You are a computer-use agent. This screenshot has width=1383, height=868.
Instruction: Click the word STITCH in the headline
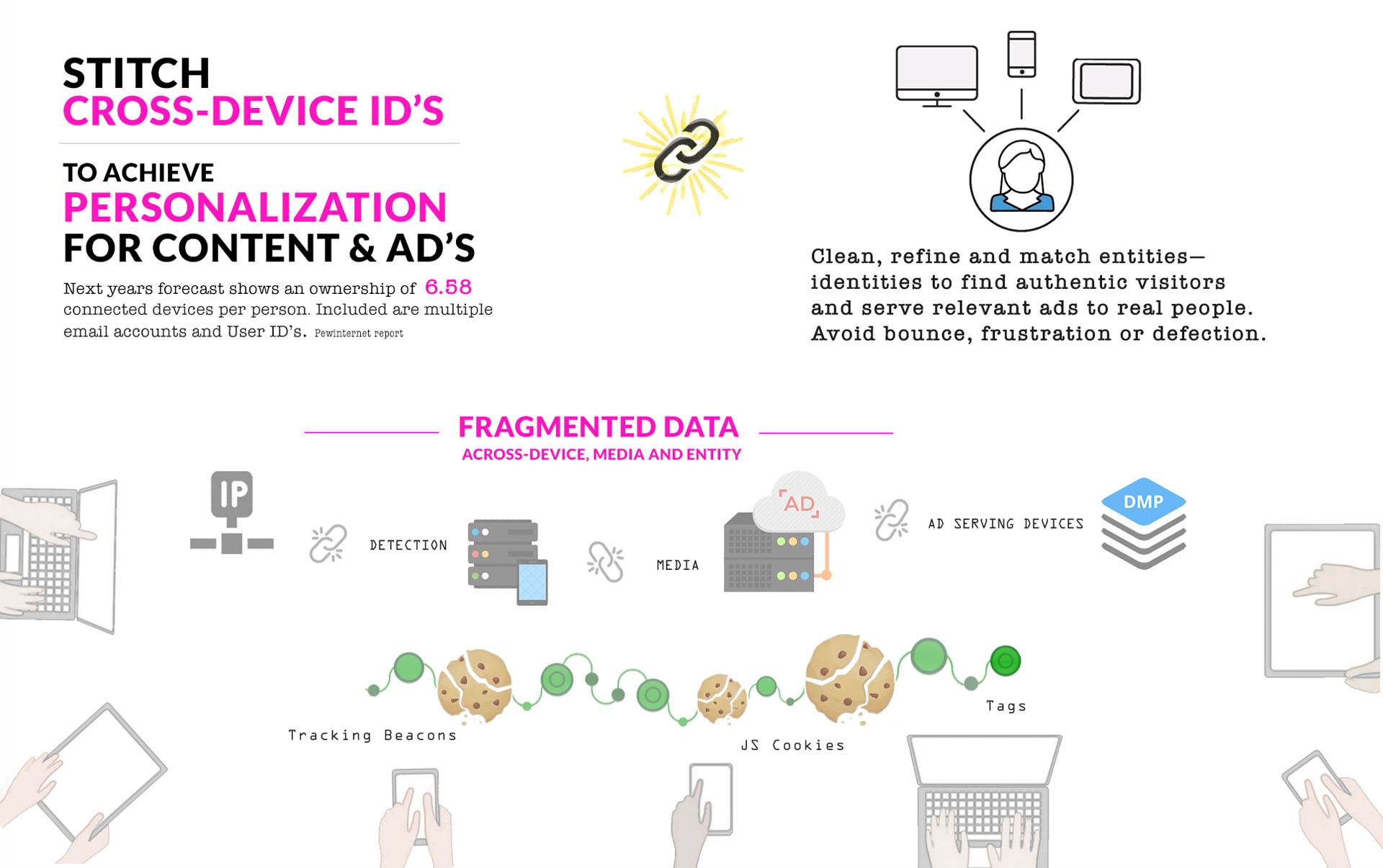point(136,73)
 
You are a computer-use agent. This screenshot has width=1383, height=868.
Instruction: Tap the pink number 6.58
point(448,287)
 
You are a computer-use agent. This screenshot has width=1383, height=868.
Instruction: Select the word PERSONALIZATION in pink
point(255,207)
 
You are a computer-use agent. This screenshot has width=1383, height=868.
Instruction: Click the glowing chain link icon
point(685,152)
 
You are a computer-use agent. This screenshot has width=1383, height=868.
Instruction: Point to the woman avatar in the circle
point(1021,179)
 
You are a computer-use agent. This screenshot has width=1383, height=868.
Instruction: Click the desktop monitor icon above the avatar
point(936,75)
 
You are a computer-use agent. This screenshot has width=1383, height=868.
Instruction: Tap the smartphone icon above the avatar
point(1021,54)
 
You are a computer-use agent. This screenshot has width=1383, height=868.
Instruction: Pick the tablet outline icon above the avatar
point(1106,81)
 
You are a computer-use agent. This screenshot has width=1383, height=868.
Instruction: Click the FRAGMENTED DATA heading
point(599,427)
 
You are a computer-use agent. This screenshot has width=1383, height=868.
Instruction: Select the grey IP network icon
point(231,512)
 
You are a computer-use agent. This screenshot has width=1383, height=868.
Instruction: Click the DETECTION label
point(408,545)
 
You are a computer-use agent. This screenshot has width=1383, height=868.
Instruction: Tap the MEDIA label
point(678,565)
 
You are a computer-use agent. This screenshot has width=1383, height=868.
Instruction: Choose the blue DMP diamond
point(1143,501)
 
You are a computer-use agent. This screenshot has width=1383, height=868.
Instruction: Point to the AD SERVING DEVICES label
point(1006,524)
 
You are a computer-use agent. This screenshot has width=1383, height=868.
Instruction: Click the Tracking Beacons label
point(372,735)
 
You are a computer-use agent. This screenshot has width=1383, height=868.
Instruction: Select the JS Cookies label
point(792,746)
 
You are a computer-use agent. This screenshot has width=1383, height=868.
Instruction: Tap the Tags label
point(1006,706)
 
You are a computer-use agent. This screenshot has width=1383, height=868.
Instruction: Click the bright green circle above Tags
point(1005,661)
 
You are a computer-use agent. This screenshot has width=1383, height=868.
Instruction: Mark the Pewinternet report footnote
point(359,334)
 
